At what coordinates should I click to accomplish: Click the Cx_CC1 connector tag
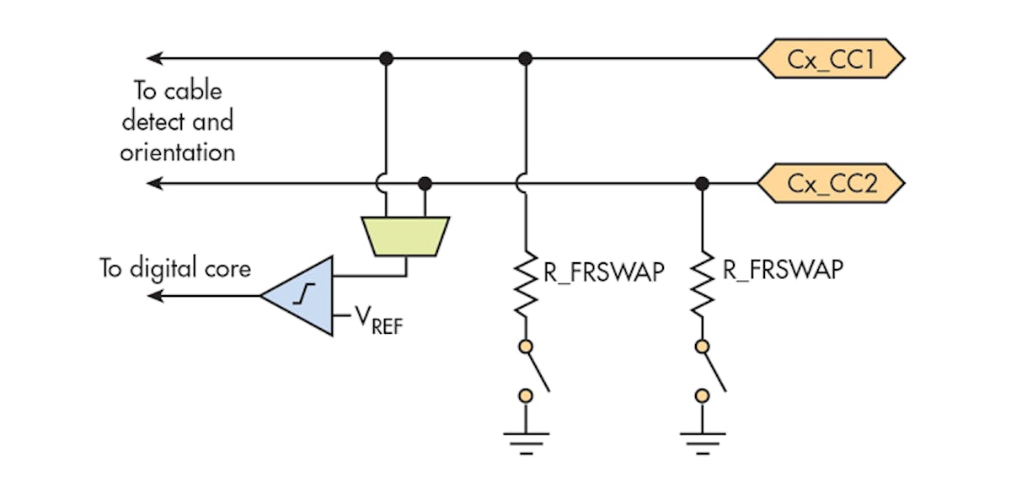pyautogui.click(x=830, y=58)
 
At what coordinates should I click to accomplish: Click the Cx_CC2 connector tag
pyautogui.click(x=830, y=183)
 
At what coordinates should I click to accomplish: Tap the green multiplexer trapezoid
pyautogui.click(x=405, y=235)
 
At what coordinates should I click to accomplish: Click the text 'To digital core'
pyautogui.click(x=175, y=269)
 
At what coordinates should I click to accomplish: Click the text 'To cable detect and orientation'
pyautogui.click(x=177, y=121)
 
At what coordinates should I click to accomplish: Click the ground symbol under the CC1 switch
pyautogui.click(x=527, y=441)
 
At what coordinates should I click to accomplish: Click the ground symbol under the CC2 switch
pyautogui.click(x=702, y=441)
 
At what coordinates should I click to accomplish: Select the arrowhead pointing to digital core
pyautogui.click(x=155, y=295)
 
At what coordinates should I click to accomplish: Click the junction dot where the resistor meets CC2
pyautogui.click(x=701, y=183)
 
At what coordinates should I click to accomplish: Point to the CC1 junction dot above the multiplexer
pyautogui.click(x=386, y=58)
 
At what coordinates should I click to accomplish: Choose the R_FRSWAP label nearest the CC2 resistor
pyautogui.click(x=783, y=271)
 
